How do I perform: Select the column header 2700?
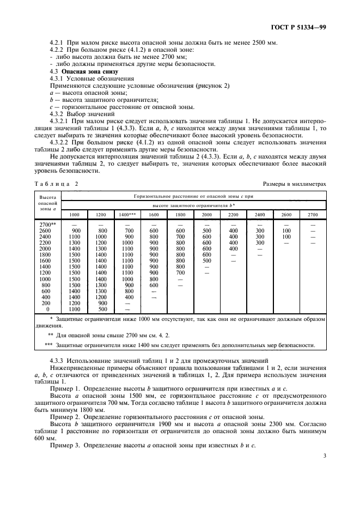[313, 215]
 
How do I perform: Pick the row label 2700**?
[48, 224]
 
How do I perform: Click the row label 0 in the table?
[48, 309]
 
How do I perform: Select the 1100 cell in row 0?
[75, 309]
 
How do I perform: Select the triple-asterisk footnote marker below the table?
[48, 345]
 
